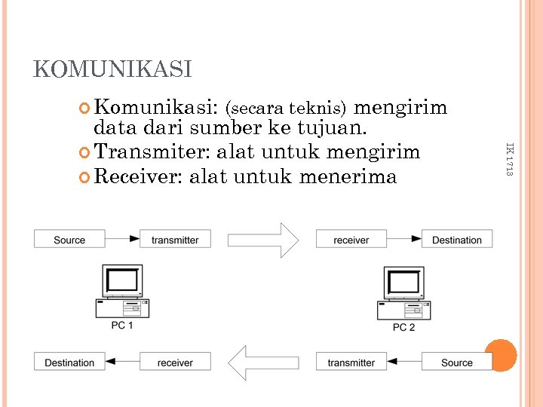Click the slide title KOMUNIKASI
[x=112, y=69]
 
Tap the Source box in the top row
[x=69, y=240]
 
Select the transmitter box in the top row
[x=175, y=240]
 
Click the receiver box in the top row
[x=351, y=240]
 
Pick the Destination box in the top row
[x=457, y=240]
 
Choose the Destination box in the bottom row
[x=69, y=363]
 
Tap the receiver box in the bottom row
[x=175, y=363]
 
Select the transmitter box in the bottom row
[x=351, y=363]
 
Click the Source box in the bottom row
[x=457, y=363]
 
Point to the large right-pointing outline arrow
[x=263, y=240]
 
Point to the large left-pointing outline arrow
[x=263, y=363]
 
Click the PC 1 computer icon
[x=121, y=290]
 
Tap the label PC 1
[x=122, y=326]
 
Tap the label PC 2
[x=403, y=327]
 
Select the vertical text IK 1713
[x=508, y=159]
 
